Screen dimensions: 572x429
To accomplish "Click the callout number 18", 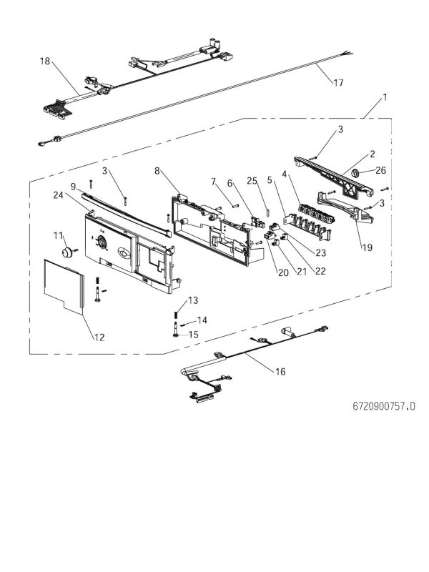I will [45, 62].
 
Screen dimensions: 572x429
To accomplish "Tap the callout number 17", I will [338, 84].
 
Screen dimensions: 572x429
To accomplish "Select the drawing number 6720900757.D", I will [383, 406].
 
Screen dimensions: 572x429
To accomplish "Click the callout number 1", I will [385, 97].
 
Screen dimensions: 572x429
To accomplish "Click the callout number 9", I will [74, 187].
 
